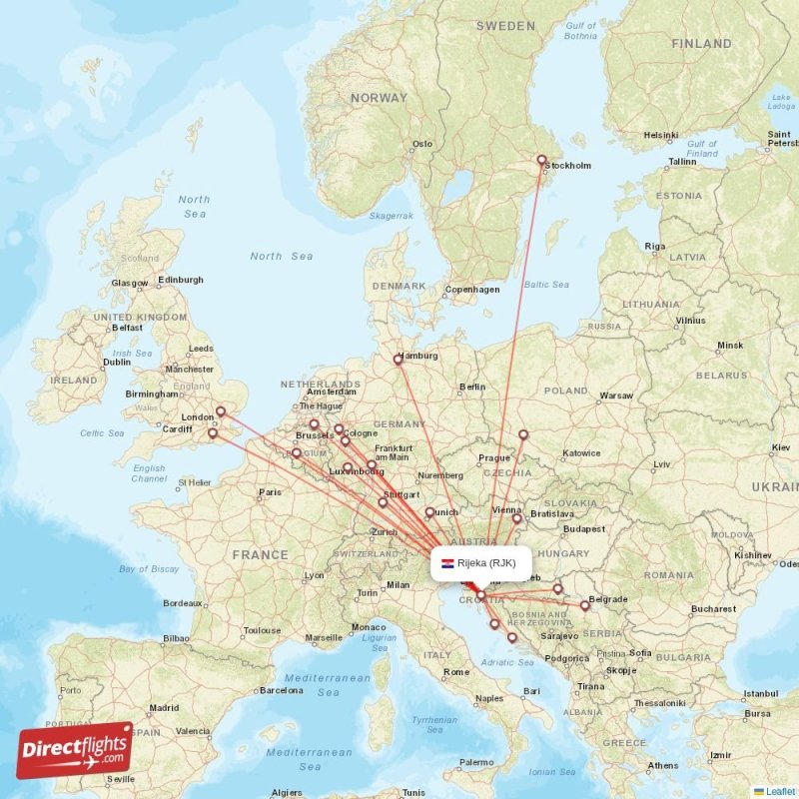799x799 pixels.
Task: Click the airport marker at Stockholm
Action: coord(542,160)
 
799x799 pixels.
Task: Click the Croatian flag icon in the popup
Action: coord(447,563)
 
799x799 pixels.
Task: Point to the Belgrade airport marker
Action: coord(585,605)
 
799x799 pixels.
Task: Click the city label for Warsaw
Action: coord(616,396)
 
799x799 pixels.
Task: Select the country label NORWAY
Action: coord(379,98)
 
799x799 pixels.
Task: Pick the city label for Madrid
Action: coord(164,708)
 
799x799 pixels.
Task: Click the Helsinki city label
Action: coord(660,135)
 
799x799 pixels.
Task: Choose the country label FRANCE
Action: coord(261,554)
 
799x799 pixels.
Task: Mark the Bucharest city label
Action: coord(712,608)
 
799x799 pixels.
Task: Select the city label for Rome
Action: coord(455,672)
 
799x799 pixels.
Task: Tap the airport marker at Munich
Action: coord(429,513)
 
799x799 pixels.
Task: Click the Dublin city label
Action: coord(117,363)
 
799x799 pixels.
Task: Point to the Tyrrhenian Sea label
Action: coord(434,724)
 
